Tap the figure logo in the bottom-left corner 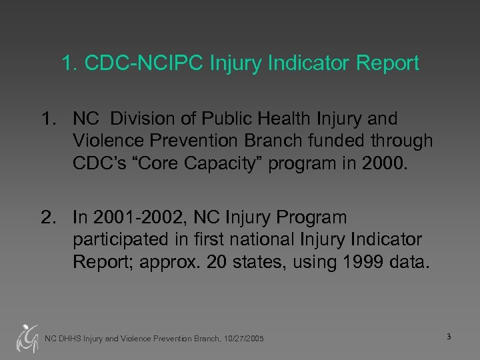[27, 337]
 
